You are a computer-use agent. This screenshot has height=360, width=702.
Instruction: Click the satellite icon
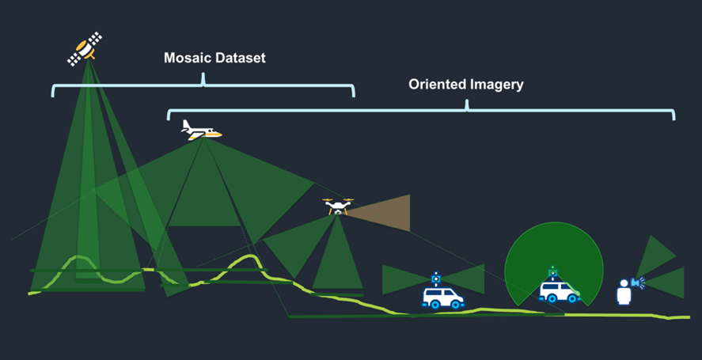point(85,48)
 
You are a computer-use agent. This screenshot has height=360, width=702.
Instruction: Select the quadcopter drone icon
point(338,207)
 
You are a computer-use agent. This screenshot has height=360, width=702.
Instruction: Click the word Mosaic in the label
point(188,59)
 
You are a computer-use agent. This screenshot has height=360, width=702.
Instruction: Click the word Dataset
point(241,59)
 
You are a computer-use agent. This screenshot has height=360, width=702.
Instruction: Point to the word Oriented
point(437,85)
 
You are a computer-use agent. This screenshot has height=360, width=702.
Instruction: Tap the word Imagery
point(497,85)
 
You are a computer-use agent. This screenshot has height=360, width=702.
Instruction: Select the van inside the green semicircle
point(558,291)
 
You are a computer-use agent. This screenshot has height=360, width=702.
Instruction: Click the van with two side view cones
point(442,297)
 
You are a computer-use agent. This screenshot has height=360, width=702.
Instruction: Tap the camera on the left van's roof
point(435,279)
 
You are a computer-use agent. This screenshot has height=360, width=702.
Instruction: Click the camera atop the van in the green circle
point(552,273)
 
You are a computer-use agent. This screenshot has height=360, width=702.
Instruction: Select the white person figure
point(623,291)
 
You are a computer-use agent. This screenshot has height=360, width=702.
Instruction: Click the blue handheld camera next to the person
point(637,282)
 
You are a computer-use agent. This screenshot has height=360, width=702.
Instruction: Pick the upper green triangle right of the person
point(657,255)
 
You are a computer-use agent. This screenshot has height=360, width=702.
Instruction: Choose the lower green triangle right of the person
point(666,282)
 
